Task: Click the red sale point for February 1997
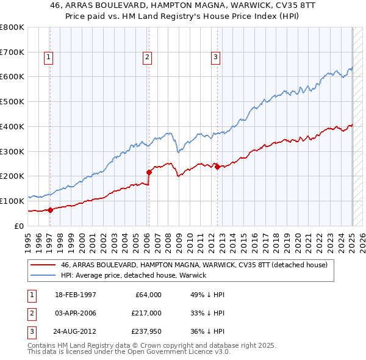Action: coord(50,209)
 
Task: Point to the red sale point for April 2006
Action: coord(149,171)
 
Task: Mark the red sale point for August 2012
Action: coord(217,167)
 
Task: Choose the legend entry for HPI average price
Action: coord(134,275)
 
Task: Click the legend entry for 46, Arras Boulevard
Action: coord(194,265)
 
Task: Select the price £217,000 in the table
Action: coord(146,314)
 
